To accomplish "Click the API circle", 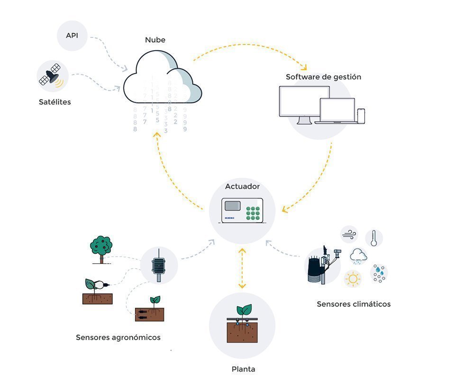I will tap(72, 36).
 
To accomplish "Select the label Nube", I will tap(155, 40).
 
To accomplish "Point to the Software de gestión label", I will tap(323, 77).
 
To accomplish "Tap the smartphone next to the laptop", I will tap(361, 116).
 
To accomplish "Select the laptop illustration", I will tap(336, 112).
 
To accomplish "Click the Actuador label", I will tap(242, 187).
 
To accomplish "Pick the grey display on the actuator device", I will tap(233, 206).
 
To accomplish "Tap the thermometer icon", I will tap(373, 238).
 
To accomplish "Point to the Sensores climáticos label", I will tap(354, 304).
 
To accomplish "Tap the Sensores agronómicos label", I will tap(118, 338).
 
